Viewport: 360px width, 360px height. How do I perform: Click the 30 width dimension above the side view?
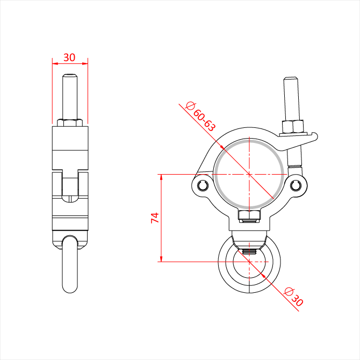click(69, 57)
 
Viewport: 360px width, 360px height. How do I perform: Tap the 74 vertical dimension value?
click(155, 218)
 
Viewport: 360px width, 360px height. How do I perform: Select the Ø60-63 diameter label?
click(200, 117)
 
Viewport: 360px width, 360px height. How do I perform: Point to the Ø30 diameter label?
click(294, 297)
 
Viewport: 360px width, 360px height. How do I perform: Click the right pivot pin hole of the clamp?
click(296, 185)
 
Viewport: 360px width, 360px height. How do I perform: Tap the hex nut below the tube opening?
click(249, 216)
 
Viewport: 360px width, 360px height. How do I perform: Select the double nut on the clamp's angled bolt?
click(293, 126)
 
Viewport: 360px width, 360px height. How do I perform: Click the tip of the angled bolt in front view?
click(290, 78)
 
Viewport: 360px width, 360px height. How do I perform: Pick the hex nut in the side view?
click(70, 123)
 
